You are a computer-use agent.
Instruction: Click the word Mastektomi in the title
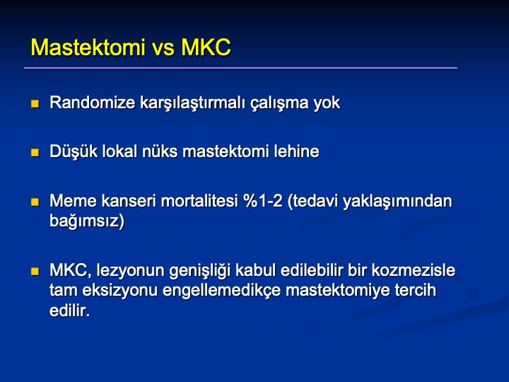pos(88,47)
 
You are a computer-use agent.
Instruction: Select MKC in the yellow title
pos(206,47)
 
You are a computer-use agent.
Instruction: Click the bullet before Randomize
pos(35,103)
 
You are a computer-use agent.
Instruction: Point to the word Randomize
pos(92,103)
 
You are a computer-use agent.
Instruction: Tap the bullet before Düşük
pos(35,152)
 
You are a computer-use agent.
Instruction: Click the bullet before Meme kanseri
pos(35,202)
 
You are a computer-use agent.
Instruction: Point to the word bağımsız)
pos(87,221)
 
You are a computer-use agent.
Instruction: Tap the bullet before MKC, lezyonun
pos(35,271)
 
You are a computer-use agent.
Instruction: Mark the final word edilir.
pos(69,311)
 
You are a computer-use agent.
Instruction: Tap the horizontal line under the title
pos(240,68)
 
